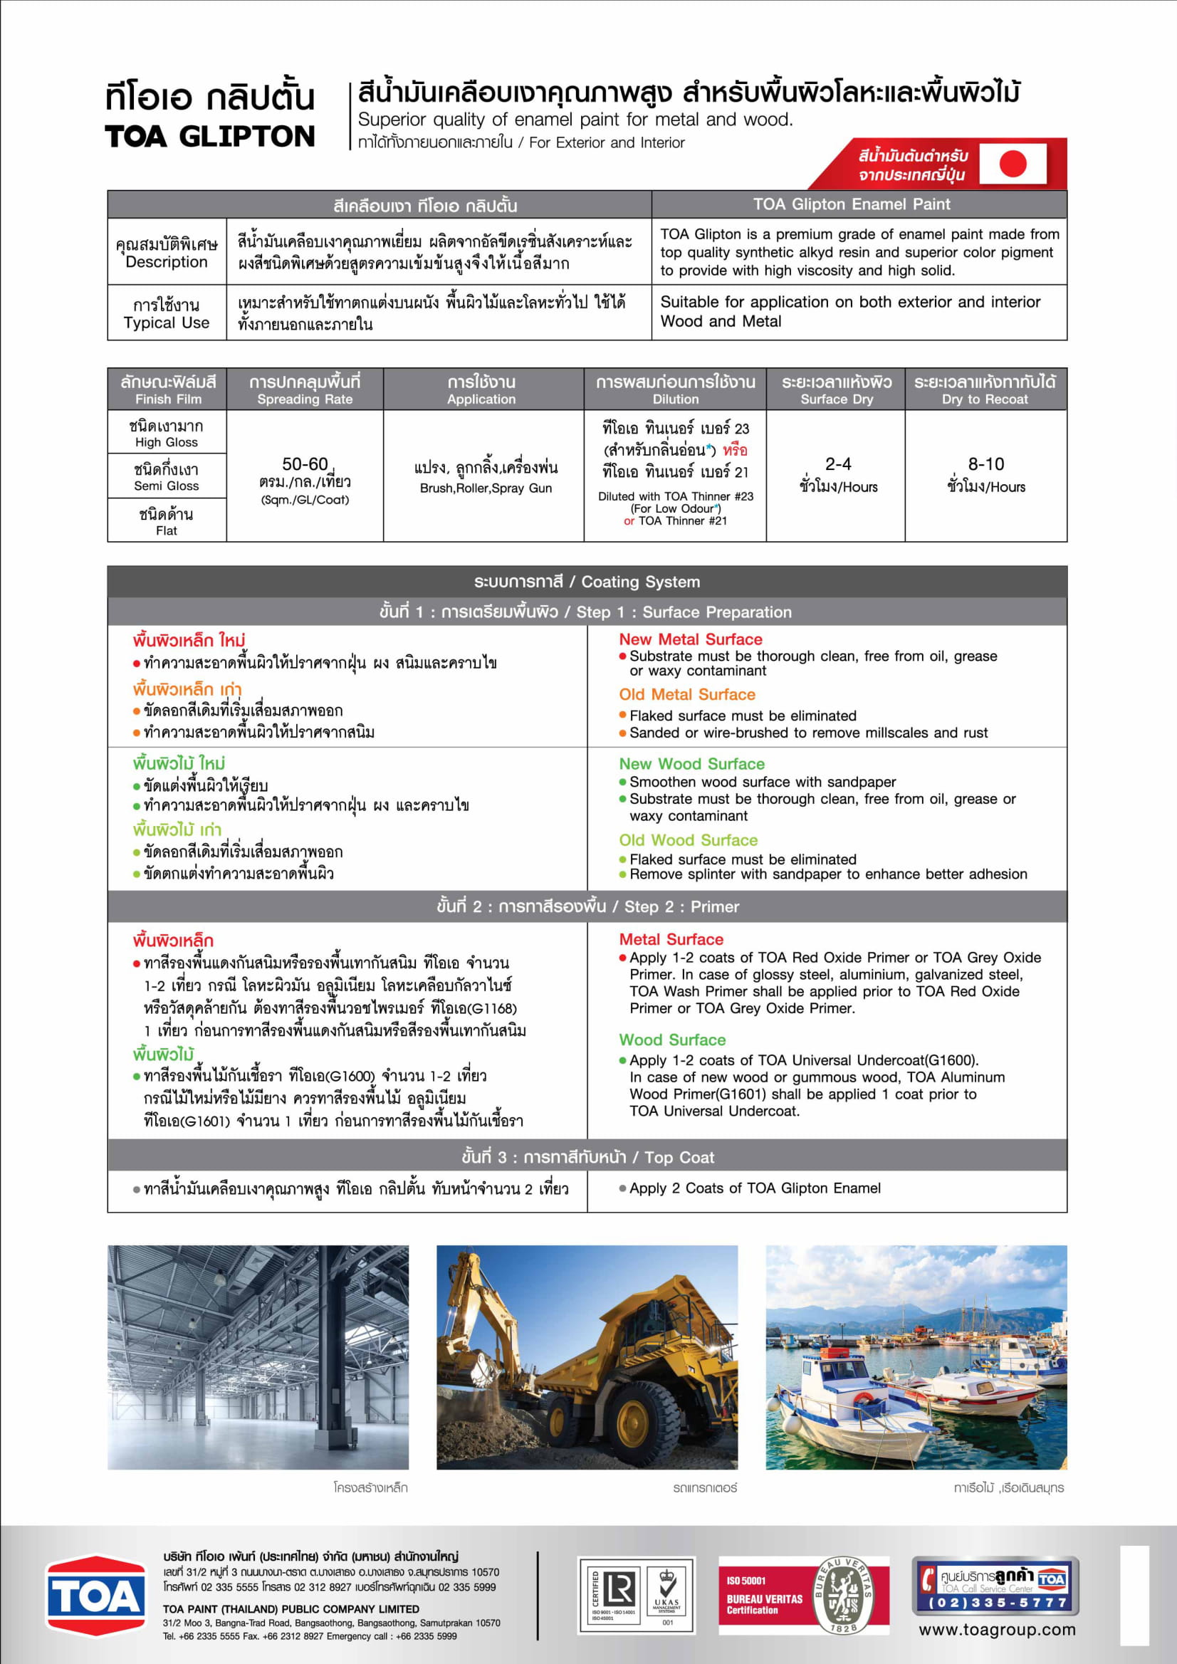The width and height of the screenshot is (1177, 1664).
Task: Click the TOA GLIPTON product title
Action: [209, 136]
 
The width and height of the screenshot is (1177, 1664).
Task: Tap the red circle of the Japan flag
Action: [1013, 164]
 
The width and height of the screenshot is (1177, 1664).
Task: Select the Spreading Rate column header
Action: [305, 389]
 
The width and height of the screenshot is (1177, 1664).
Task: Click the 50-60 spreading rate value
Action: [305, 464]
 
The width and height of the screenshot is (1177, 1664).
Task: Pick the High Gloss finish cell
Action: [166, 434]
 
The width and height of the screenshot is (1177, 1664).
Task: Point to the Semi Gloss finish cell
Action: [166, 477]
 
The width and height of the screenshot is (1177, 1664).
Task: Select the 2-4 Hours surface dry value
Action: [838, 475]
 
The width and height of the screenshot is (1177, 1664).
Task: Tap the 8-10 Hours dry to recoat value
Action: [985, 475]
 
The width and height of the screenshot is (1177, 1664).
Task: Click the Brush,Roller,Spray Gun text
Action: [486, 488]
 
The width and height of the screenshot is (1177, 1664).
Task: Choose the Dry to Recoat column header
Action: [985, 389]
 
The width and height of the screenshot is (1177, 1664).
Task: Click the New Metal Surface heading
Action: [690, 639]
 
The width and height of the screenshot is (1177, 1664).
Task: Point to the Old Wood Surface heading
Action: [688, 840]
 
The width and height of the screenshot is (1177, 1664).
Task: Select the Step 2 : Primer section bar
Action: [587, 906]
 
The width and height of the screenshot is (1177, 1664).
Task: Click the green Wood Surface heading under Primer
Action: [672, 1040]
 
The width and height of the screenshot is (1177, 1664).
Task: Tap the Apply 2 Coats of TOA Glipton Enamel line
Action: [755, 1188]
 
